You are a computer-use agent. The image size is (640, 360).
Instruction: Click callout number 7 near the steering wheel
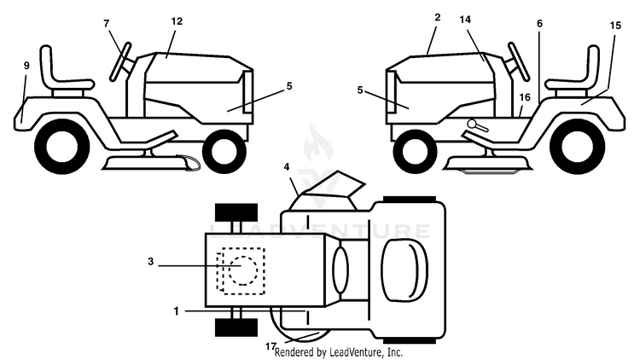(x=107, y=23)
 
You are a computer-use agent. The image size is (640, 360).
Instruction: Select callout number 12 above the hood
(x=177, y=20)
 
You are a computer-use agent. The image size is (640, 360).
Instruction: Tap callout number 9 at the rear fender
(x=26, y=66)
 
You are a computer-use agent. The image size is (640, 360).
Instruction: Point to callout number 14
(x=465, y=19)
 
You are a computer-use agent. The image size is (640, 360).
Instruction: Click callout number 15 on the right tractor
(x=615, y=26)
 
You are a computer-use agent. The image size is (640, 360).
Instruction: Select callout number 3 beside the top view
(x=150, y=261)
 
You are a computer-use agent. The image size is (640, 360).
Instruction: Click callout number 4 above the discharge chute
(x=287, y=166)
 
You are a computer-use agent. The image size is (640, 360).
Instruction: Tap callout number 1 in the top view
(x=177, y=311)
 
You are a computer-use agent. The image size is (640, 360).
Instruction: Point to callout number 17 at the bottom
(x=271, y=346)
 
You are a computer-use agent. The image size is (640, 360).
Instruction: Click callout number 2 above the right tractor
(x=438, y=17)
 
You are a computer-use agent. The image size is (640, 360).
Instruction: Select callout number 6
(x=539, y=24)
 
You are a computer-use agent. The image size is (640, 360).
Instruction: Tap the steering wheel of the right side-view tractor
(x=518, y=62)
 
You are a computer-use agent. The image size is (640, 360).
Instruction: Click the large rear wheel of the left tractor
(x=62, y=147)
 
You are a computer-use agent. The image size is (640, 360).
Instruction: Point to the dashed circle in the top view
(x=243, y=270)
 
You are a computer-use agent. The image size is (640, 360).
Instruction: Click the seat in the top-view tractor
(x=404, y=270)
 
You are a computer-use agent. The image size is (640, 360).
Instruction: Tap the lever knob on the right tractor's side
(x=472, y=123)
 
